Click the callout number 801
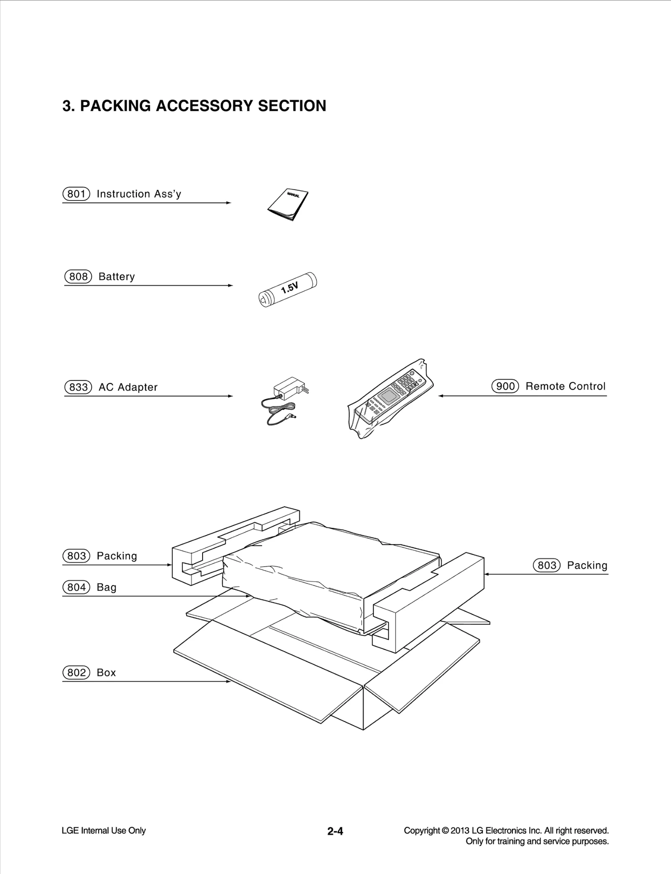(x=76, y=194)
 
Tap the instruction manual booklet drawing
(x=288, y=204)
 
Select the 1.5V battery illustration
(x=288, y=289)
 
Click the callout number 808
(x=78, y=276)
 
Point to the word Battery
(x=117, y=277)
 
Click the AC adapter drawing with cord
(x=283, y=401)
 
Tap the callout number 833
(x=78, y=387)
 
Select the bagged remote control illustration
(x=390, y=398)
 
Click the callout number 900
(x=505, y=386)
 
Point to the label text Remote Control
(x=565, y=386)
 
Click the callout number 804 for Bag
(x=76, y=587)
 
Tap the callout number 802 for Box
(x=76, y=673)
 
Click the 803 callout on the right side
(x=546, y=565)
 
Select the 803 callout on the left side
(x=76, y=556)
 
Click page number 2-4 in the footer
(x=335, y=831)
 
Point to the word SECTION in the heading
(x=292, y=106)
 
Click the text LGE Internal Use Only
(x=104, y=830)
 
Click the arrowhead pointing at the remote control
(x=441, y=396)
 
